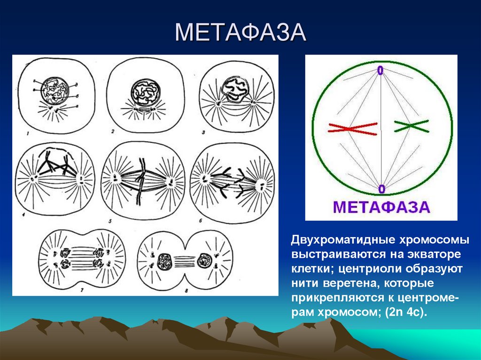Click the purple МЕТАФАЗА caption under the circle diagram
pos(381,207)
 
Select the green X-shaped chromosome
pos(411,125)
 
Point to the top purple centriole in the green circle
pos(380,70)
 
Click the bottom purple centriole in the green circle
pos(381,189)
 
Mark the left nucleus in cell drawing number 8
pos(165,260)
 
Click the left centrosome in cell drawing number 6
pos(205,178)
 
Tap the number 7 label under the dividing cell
pos(82,290)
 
